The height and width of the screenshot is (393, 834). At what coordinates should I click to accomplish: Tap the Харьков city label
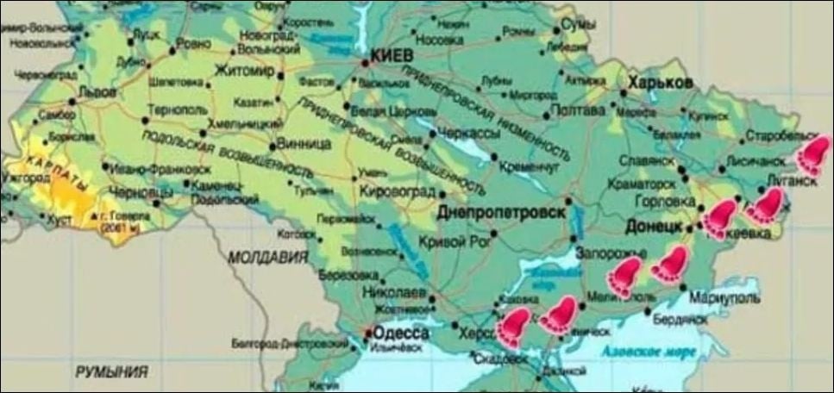click(662, 82)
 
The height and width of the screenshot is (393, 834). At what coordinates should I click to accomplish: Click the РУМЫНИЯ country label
click(110, 371)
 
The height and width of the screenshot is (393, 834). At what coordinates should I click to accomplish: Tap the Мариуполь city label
click(725, 298)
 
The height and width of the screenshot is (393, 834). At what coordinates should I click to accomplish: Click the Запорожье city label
click(612, 250)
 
